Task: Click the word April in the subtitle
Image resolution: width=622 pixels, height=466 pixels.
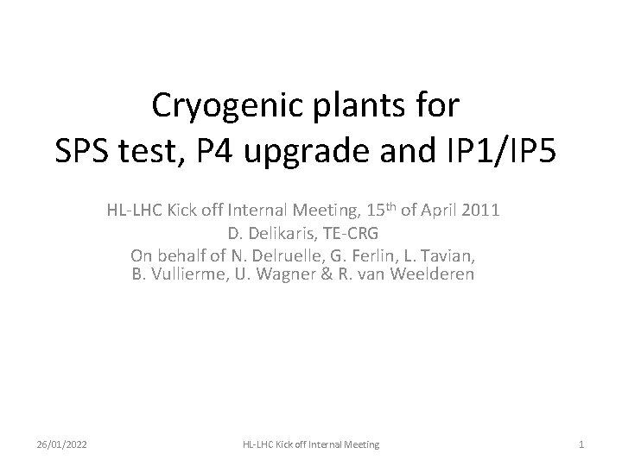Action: (435, 210)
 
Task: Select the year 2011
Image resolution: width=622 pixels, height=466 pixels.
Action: (479, 210)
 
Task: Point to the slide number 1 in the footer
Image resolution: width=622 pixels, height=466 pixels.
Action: (581, 444)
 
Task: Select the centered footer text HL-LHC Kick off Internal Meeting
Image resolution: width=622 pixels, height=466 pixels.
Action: (310, 444)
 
